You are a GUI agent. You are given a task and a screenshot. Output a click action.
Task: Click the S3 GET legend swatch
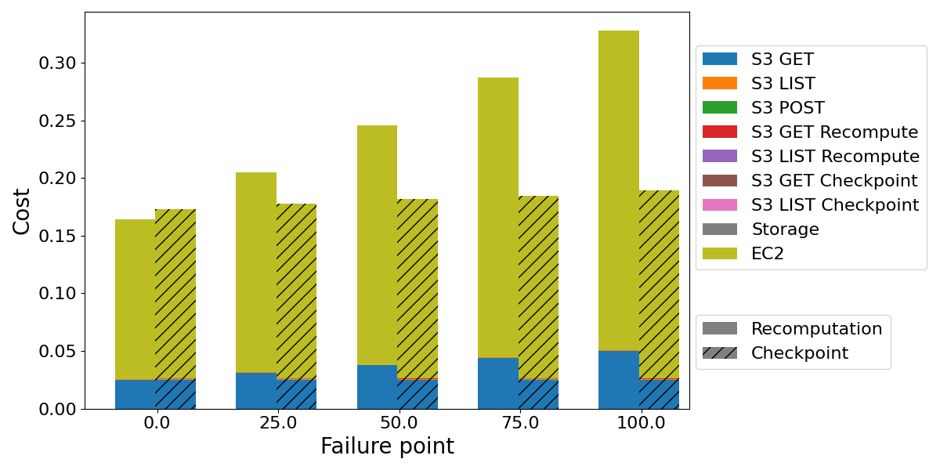tap(720, 59)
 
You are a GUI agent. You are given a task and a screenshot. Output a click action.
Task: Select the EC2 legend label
tap(768, 254)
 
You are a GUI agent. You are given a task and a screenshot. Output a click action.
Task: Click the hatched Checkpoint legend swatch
tap(720, 353)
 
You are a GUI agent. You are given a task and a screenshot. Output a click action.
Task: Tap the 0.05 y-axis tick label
tap(58, 351)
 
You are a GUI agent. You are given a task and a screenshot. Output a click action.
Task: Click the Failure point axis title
tap(387, 446)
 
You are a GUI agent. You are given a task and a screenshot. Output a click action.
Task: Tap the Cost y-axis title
tap(22, 211)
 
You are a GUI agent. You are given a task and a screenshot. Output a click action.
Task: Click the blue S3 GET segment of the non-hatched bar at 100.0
tap(619, 380)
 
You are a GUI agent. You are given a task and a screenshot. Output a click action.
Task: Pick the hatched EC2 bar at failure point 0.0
tap(175, 294)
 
